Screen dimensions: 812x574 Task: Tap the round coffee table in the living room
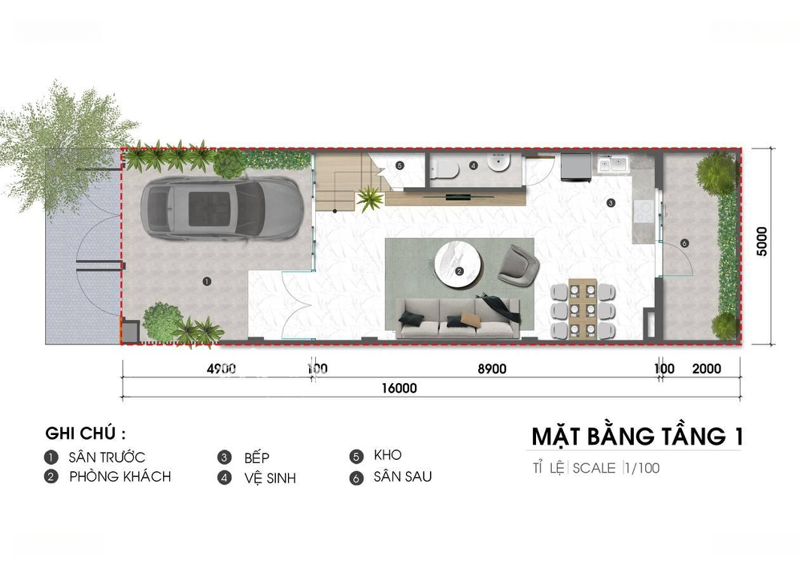point(459,265)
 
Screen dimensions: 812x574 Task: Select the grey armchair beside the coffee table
point(518,264)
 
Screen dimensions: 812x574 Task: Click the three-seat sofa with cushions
point(459,318)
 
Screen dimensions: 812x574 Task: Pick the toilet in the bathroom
point(444,168)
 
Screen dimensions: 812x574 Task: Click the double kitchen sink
point(613,164)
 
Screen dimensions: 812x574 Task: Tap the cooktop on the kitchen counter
point(644,211)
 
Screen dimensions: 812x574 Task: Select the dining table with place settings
point(583,309)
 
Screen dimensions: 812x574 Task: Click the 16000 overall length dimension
point(399,388)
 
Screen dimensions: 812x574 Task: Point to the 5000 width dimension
point(762,241)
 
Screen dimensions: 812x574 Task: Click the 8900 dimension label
point(492,369)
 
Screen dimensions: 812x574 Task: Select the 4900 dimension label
point(221,369)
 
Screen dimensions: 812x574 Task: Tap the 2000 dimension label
point(706,369)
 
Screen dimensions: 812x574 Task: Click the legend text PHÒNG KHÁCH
point(120,476)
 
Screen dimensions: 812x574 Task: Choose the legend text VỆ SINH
point(270,478)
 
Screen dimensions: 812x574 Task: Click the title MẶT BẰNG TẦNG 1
point(637,437)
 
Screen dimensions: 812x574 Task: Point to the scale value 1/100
point(642,468)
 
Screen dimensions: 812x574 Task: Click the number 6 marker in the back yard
point(684,243)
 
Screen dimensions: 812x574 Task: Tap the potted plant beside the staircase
point(370,199)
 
